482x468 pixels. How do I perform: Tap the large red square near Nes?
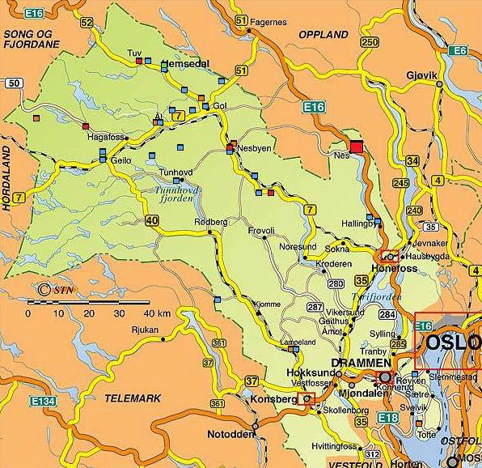click(357, 147)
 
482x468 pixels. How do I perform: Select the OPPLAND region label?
click(323, 35)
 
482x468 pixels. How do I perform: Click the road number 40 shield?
click(153, 219)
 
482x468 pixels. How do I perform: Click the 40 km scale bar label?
click(158, 313)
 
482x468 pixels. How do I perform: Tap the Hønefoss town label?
click(391, 265)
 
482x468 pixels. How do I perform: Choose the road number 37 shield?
click(252, 381)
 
